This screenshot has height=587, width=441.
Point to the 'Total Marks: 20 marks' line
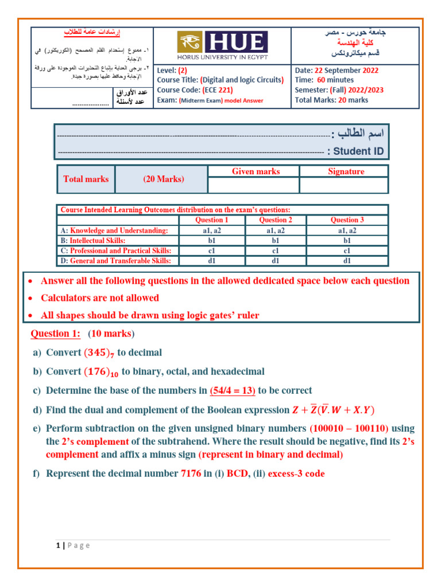[331, 100]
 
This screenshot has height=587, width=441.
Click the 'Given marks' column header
[256, 171]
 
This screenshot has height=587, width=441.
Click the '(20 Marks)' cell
[164, 179]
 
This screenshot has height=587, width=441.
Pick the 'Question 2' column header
[276, 220]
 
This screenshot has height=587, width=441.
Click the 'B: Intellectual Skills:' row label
[92, 240]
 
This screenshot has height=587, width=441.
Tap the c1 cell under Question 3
[347, 251]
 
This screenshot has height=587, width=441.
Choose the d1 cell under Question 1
[211, 261]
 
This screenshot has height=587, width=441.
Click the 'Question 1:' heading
[55, 334]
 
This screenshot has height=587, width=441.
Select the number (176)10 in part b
[102, 372]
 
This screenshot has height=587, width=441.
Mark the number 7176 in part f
[191, 473]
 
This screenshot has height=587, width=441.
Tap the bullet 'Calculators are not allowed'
[99, 298]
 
